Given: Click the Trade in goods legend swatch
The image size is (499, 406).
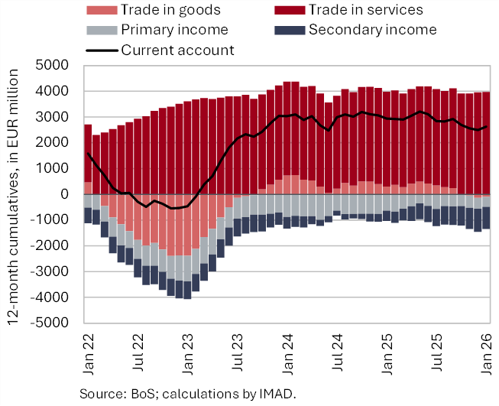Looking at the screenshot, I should pos(104,11).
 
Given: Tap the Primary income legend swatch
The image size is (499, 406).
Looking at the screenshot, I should pos(104,31).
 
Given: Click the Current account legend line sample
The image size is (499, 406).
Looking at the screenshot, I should pos(104,50).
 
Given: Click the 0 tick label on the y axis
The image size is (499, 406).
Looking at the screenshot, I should pos(68,194).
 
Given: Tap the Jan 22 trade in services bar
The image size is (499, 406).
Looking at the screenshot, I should pos(88,153).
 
